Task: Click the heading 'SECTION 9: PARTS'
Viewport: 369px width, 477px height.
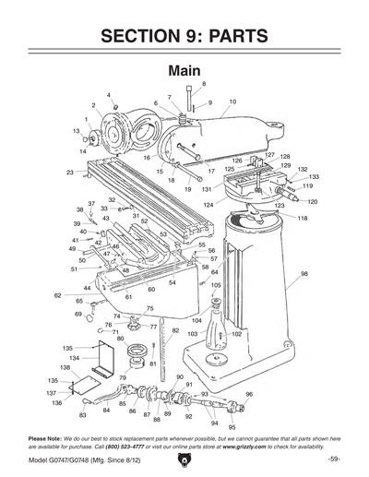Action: tap(184, 36)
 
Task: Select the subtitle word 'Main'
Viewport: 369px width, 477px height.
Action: tap(184, 71)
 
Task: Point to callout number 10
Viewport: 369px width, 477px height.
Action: tap(232, 101)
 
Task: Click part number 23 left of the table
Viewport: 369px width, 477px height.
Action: tap(70, 173)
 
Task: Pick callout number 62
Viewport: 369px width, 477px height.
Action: tap(57, 295)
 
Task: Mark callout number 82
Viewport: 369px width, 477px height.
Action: tap(175, 329)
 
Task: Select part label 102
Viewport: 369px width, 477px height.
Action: tap(236, 334)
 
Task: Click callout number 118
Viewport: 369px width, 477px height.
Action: tap(302, 218)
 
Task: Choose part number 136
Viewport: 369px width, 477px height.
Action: tap(56, 403)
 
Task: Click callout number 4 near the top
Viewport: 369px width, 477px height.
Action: tap(109, 95)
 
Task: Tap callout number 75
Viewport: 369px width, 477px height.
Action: tap(149, 308)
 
